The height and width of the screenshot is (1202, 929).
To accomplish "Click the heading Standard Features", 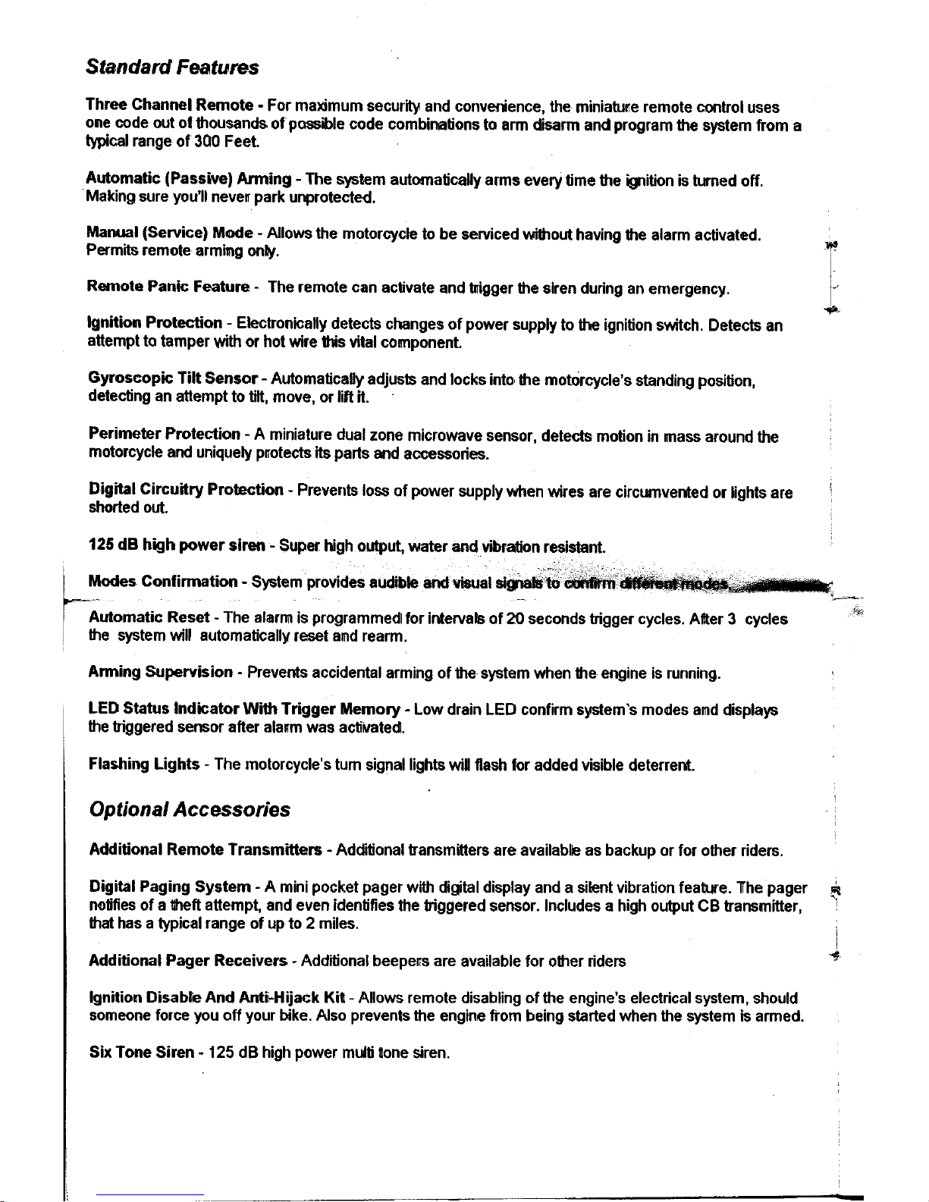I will pyautogui.click(x=172, y=67).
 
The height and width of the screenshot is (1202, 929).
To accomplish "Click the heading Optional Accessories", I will pyautogui.click(x=189, y=810).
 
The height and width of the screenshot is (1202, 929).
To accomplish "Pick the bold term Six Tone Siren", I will pyautogui.click(x=140, y=1053).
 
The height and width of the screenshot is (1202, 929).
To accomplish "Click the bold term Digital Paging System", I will pyautogui.click(x=170, y=887).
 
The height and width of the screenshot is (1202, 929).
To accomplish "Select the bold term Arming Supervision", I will pyautogui.click(x=160, y=673).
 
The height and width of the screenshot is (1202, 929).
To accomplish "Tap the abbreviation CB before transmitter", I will pyautogui.click(x=707, y=906).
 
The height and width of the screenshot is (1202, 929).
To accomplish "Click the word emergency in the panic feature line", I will pyautogui.click(x=689, y=289).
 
